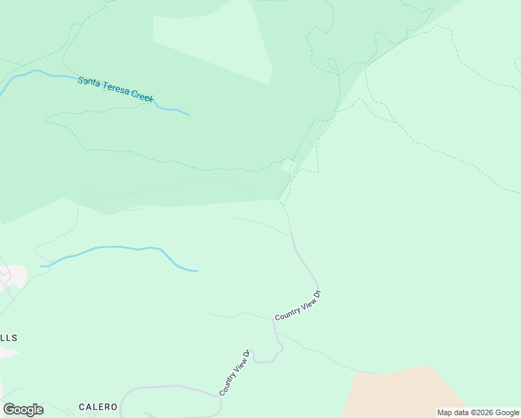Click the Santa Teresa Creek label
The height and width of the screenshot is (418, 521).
(x=116, y=89)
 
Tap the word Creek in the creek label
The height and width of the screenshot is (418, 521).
(x=140, y=96)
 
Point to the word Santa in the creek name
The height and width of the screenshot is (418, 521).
(x=89, y=82)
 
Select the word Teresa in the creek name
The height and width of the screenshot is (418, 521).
(x=114, y=88)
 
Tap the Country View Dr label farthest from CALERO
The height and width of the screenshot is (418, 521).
(x=297, y=306)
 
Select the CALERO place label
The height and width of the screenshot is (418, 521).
(x=98, y=407)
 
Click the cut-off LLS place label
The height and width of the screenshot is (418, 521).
(x=8, y=338)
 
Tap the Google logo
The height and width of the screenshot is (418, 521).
(x=23, y=410)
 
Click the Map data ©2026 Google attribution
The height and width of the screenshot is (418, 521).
(x=478, y=412)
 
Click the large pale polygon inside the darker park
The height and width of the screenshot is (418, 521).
(x=212, y=42)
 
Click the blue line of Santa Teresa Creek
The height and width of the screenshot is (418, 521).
(x=42, y=73)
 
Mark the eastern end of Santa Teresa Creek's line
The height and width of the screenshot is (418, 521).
(x=189, y=115)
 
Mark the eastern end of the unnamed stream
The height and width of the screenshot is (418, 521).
(x=197, y=270)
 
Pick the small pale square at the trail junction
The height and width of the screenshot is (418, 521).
(x=286, y=166)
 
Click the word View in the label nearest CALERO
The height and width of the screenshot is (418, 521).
(x=235, y=371)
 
